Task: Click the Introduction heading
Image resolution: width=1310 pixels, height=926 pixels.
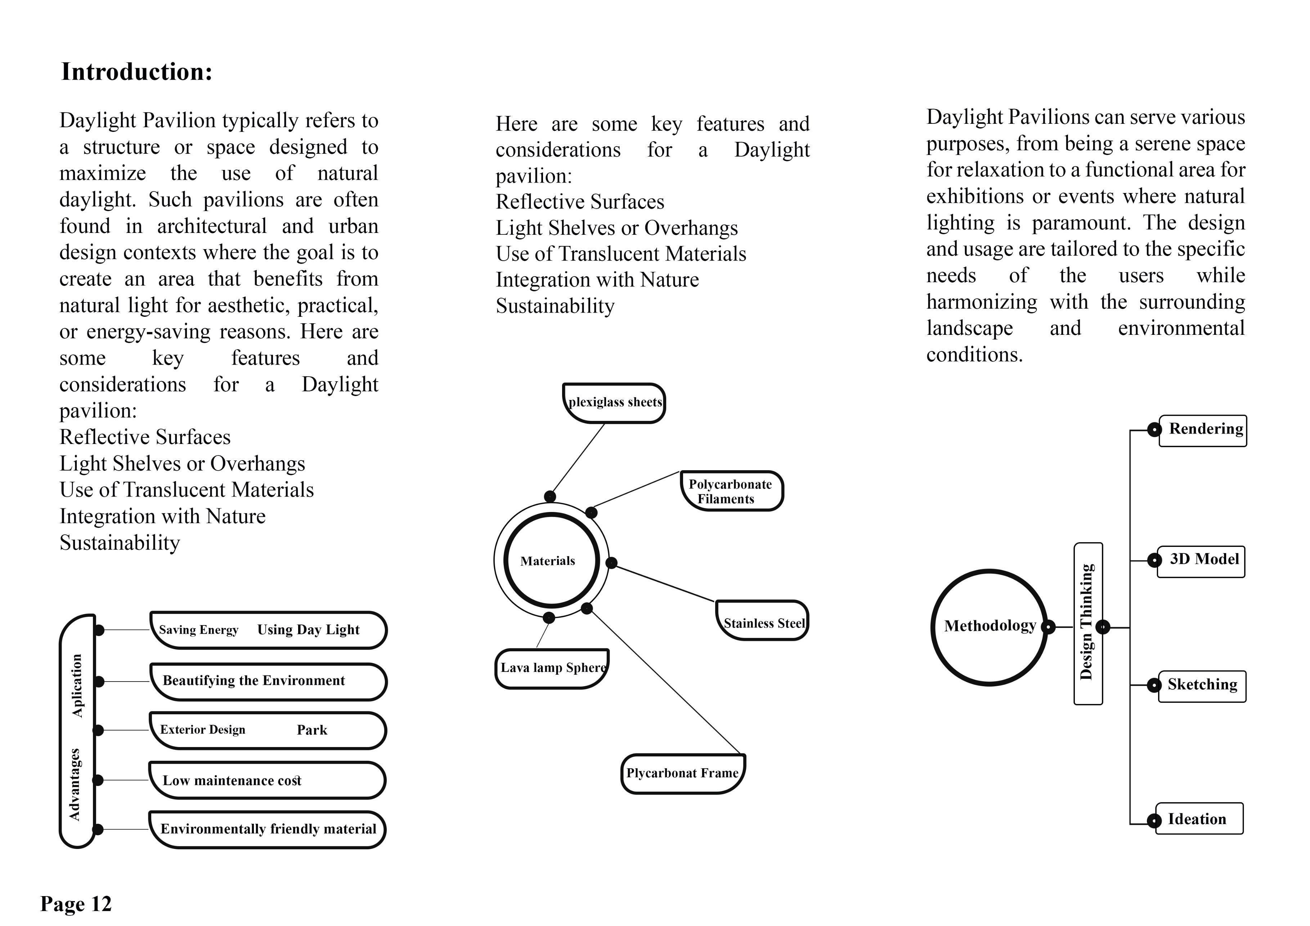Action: point(136,72)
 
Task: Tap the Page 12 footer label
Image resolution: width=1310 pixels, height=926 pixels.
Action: point(76,904)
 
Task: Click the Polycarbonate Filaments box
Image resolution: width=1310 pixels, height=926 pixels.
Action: point(731,491)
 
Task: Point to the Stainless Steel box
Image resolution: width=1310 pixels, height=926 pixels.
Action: point(762,621)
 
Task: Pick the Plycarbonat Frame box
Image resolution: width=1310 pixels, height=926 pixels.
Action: point(683,774)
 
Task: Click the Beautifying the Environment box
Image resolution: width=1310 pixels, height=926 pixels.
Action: point(268,681)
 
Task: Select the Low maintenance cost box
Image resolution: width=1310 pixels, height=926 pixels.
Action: point(267,781)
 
